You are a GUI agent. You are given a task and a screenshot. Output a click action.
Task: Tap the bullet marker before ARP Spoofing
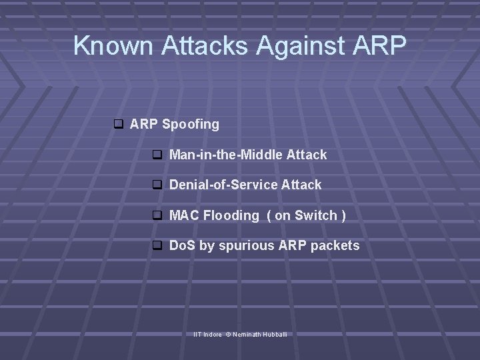coord(118,124)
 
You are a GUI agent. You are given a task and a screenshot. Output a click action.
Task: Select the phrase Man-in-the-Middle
coord(226,155)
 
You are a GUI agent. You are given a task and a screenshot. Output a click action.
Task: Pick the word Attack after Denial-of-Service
coord(301,185)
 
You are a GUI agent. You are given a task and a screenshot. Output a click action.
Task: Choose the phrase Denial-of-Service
coord(223,185)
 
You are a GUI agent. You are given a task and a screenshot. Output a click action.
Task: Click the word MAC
coord(184,215)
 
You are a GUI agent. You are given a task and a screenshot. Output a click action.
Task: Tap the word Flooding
coord(231,215)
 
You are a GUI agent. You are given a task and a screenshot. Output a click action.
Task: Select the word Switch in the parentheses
coord(315,215)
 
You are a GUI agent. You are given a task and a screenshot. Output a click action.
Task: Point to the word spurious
coord(246,246)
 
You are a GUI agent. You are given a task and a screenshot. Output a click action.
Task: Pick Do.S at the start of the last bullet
coord(183,246)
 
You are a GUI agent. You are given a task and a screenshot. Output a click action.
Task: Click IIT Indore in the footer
coord(207,333)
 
